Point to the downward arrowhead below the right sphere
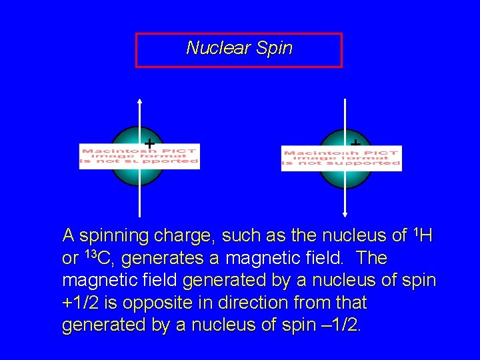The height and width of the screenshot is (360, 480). [x=345, y=214]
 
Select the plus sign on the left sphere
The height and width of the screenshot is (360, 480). [x=149, y=143]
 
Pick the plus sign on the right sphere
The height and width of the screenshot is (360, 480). [x=355, y=143]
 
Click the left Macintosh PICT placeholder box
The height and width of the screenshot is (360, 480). [x=139, y=155]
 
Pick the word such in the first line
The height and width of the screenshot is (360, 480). [x=239, y=235]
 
